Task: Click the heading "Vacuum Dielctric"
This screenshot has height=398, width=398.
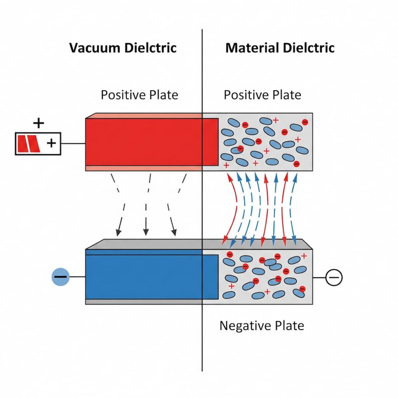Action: [123, 48]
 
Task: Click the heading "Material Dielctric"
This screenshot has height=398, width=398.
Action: [280, 48]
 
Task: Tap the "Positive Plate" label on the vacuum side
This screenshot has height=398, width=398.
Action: [139, 95]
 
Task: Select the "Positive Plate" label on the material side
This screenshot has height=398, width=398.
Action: [262, 95]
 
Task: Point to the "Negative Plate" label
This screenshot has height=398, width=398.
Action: [262, 325]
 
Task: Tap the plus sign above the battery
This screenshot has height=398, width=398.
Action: [38, 124]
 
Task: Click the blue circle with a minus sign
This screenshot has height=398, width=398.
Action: [60, 277]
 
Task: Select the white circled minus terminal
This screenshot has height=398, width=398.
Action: [333, 278]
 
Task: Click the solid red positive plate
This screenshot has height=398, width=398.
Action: [144, 142]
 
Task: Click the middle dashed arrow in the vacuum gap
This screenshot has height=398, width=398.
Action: [147, 202]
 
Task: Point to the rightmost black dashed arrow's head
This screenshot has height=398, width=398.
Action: [174, 232]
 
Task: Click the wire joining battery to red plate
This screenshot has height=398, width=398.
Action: [73, 143]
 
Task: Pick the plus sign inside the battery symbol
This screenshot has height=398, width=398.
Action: [51, 143]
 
